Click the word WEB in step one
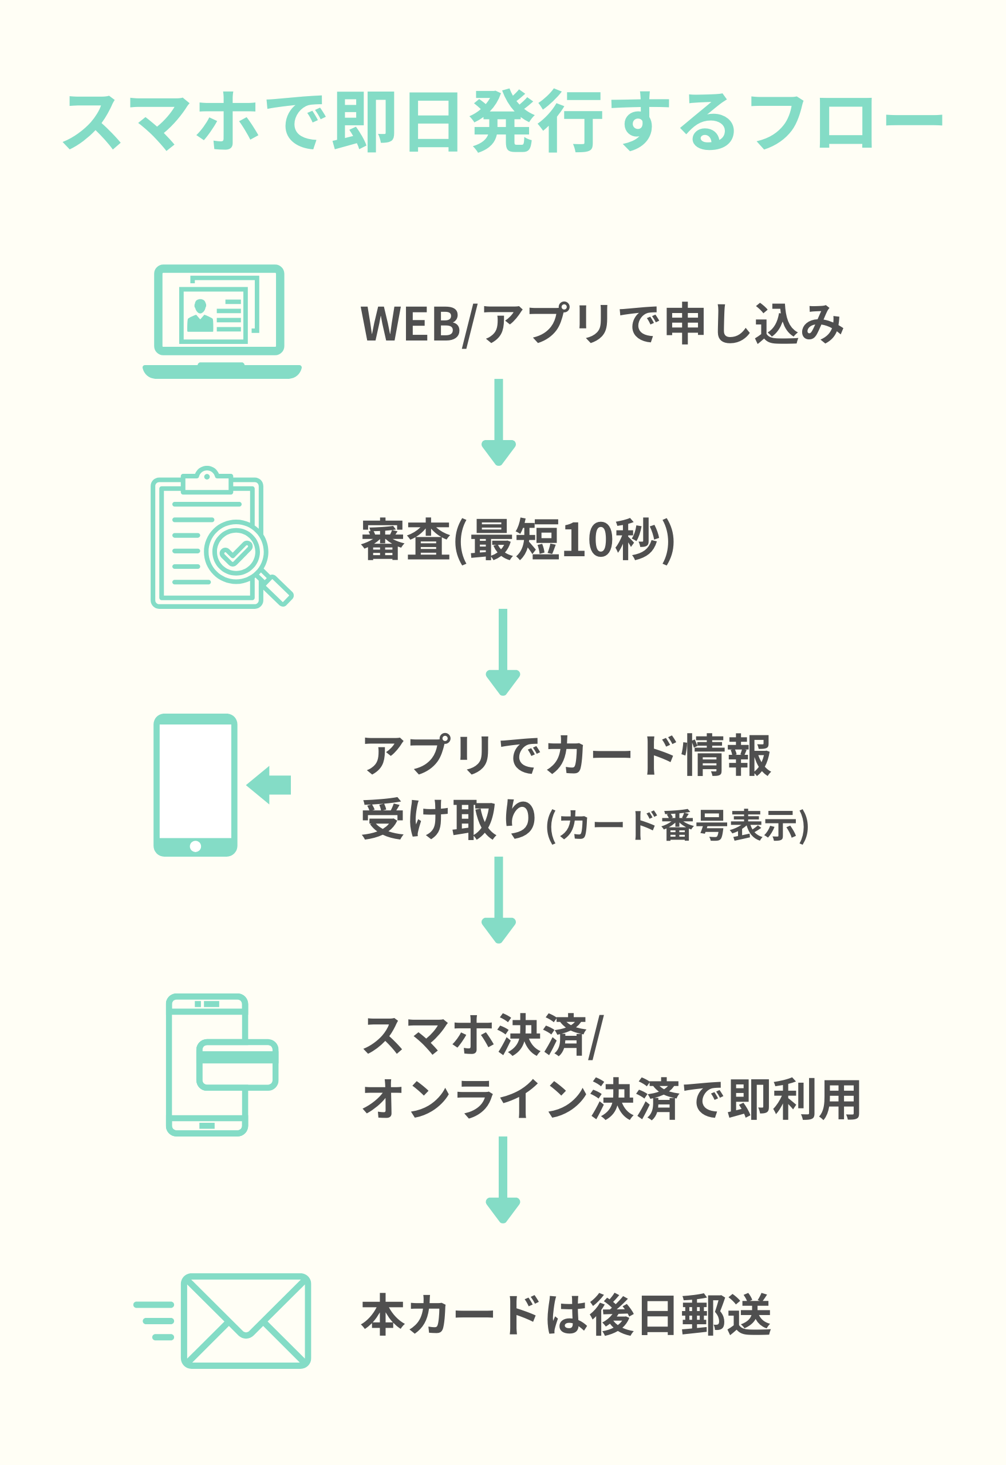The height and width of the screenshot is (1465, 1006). point(411,324)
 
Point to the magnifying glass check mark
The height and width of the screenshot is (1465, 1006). point(235,553)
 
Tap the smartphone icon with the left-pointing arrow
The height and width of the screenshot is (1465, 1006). point(195,785)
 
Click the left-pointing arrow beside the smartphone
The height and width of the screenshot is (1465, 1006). point(269,785)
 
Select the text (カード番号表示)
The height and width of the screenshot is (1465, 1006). point(677,826)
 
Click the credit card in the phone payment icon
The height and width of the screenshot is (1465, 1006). point(237,1065)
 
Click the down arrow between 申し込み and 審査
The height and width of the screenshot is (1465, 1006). point(498,422)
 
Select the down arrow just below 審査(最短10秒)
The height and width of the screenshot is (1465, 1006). point(503,652)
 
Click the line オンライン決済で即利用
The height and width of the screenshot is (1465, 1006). point(611,1100)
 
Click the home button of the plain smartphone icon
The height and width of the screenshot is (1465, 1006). point(195,846)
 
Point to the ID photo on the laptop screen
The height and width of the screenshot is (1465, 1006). point(200,316)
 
